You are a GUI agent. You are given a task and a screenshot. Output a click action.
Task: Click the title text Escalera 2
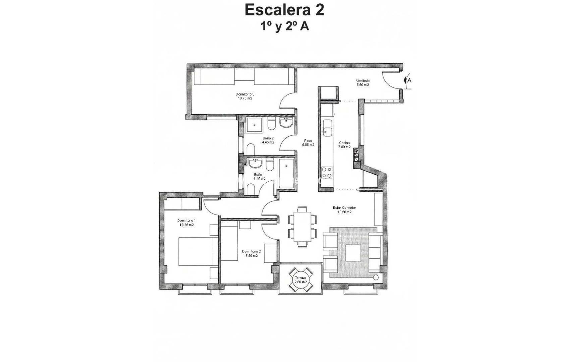click(x=284, y=10)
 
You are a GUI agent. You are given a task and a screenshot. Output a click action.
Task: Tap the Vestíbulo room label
click(x=362, y=81)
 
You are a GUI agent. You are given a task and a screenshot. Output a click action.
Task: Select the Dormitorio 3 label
click(x=245, y=94)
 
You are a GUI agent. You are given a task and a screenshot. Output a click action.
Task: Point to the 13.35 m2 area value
click(x=186, y=225)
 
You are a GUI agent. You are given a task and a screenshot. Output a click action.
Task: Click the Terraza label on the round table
click(x=300, y=278)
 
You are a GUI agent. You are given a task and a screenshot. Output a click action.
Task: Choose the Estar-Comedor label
click(x=344, y=208)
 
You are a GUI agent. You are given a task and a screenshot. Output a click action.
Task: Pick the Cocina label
click(x=344, y=143)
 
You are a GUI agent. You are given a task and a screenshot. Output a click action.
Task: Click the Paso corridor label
click(x=308, y=141)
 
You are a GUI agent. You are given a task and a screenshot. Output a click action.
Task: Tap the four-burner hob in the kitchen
click(x=327, y=172)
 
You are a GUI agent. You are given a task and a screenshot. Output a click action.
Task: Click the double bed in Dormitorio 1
click(x=195, y=252)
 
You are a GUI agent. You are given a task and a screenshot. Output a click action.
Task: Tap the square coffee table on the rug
click(x=353, y=253)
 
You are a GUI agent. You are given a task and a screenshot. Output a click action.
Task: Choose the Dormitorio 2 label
click(x=251, y=251)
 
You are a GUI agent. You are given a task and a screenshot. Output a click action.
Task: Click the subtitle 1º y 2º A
click(x=285, y=26)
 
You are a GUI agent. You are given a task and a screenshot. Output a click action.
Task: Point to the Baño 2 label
click(x=268, y=138)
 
